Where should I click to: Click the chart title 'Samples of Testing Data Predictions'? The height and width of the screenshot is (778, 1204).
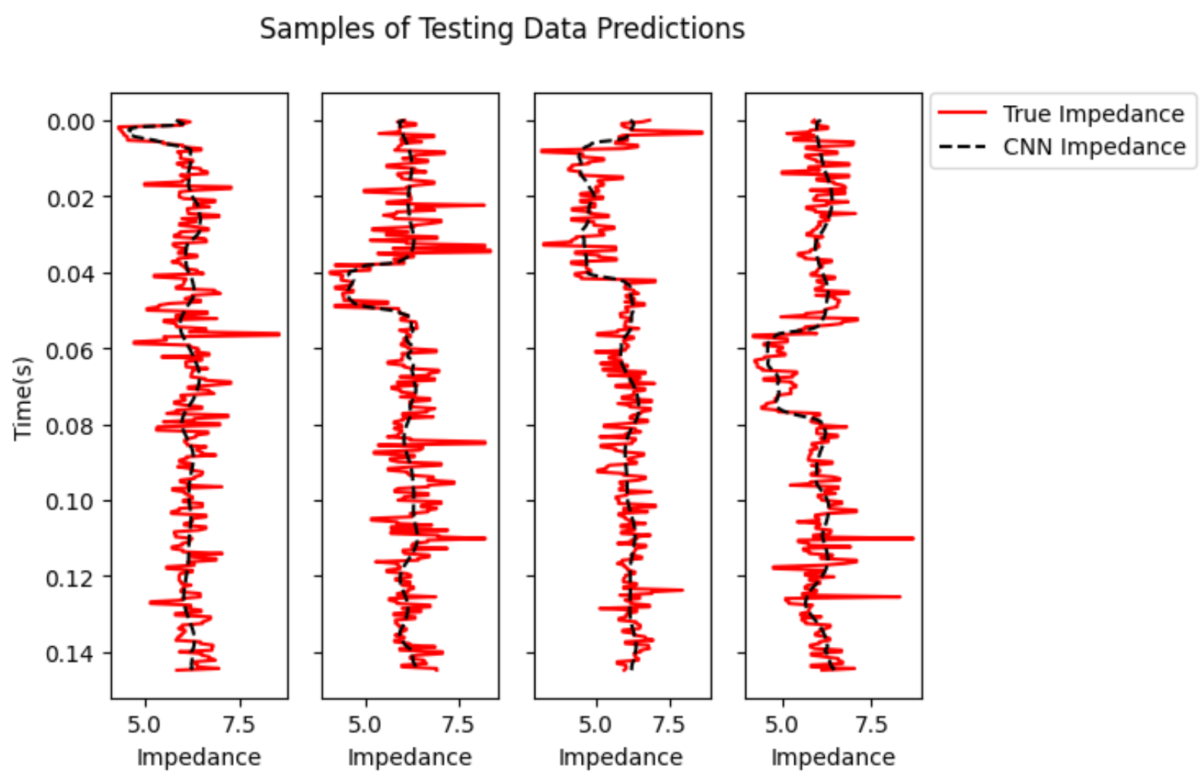pyautogui.click(x=502, y=29)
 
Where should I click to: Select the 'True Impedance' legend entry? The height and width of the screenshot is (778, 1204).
pyautogui.click(x=1093, y=114)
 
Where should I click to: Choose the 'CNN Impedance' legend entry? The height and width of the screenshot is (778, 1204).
pyautogui.click(x=1094, y=146)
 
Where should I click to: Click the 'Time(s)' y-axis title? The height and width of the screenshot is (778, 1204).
pyautogui.click(x=24, y=397)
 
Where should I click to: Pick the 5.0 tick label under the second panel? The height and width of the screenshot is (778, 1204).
pyautogui.click(x=365, y=724)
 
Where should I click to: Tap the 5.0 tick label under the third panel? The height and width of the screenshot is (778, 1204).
pyautogui.click(x=595, y=724)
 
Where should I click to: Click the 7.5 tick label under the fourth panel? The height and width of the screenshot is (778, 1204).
pyautogui.click(x=871, y=724)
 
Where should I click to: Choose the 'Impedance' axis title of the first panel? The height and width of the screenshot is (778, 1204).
pyautogui.click(x=199, y=757)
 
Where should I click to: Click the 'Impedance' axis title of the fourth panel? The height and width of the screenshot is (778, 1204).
pyautogui.click(x=833, y=757)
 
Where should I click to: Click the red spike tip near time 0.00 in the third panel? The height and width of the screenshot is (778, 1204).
pyautogui.click(x=701, y=133)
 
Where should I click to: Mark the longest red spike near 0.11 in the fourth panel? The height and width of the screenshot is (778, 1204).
pyautogui.click(x=912, y=538)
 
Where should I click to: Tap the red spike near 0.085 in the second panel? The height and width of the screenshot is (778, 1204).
pyautogui.click(x=484, y=442)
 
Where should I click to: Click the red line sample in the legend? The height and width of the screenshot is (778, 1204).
pyautogui.click(x=962, y=114)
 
